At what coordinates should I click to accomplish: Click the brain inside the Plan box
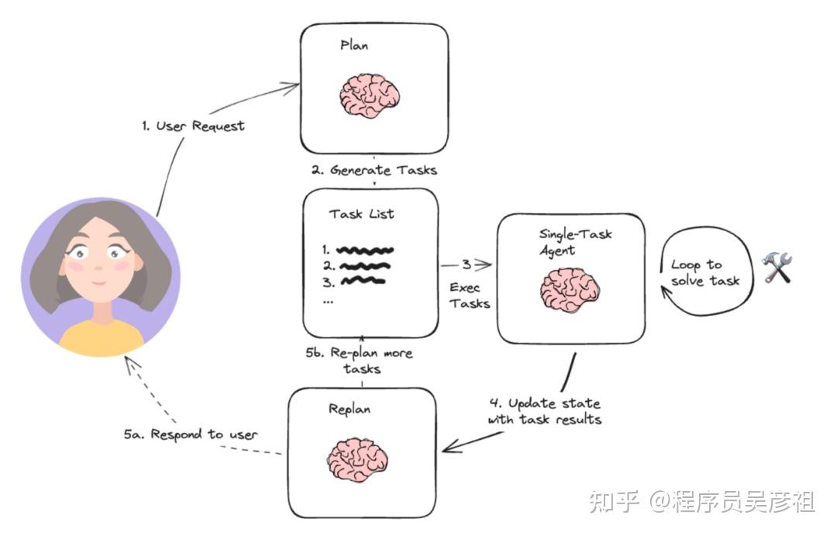coord(369,96)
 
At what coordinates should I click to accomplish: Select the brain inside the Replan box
coord(357,460)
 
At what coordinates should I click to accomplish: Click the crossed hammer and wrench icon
coord(777,268)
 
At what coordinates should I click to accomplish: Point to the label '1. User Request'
coord(193,126)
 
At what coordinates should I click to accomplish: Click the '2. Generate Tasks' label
coord(374,170)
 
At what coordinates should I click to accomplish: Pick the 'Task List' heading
coord(362,214)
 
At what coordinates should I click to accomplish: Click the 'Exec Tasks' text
coord(469,296)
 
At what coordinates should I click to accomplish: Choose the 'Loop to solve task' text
coord(704,273)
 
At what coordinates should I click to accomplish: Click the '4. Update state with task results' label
coord(544,412)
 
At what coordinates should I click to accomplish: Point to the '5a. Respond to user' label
coord(190,434)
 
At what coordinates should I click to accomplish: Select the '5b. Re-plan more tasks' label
coord(359,361)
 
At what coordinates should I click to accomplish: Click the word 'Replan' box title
coord(349,409)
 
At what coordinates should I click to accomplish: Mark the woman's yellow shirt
coord(101,337)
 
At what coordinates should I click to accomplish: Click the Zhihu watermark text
coord(701,501)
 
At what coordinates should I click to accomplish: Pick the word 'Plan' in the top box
coord(355,45)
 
